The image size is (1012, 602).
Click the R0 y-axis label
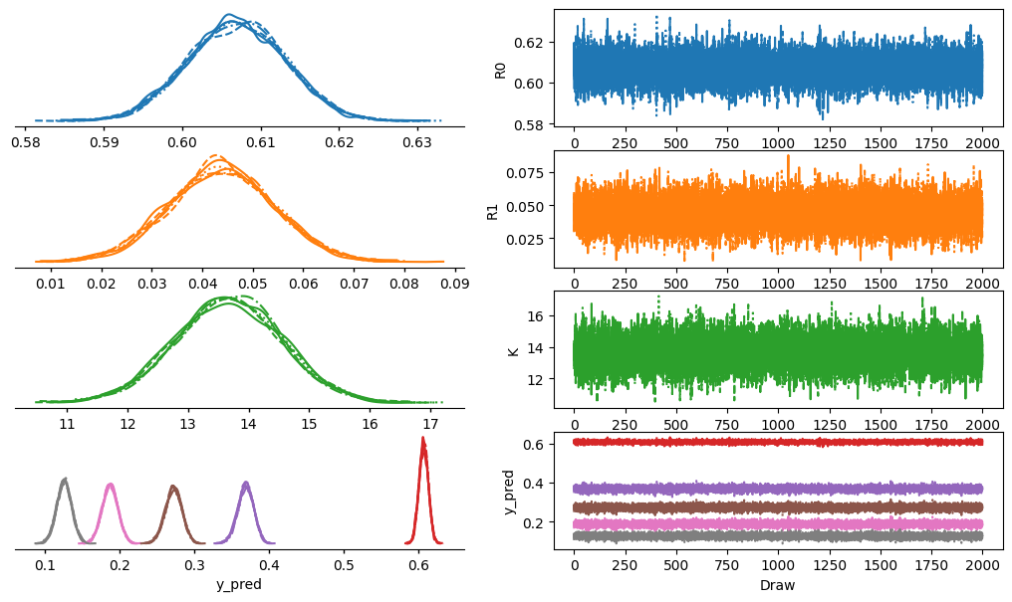500,71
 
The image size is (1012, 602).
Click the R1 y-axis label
493,211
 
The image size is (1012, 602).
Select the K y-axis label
514,351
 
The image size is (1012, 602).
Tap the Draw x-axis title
778,585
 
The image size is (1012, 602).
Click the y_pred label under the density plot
239,585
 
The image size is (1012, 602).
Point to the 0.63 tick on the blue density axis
417,142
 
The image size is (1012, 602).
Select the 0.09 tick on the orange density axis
455,283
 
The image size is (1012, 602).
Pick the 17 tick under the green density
430,424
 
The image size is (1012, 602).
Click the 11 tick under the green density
67,424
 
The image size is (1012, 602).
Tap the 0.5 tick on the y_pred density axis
344,565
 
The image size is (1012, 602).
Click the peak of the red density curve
422,438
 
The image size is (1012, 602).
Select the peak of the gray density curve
64,479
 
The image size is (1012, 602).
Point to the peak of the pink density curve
111,484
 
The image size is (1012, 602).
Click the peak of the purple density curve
246,483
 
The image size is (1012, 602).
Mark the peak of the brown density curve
173,486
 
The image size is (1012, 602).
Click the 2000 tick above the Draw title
982,565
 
